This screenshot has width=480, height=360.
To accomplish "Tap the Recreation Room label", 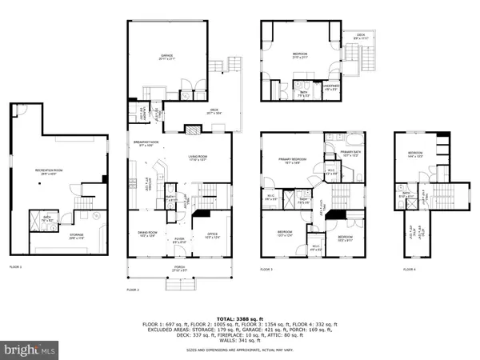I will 48,174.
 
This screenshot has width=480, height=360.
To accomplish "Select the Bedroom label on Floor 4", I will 415,154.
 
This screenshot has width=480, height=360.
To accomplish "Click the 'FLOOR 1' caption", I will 15,266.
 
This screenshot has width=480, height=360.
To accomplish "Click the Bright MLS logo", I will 30,349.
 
